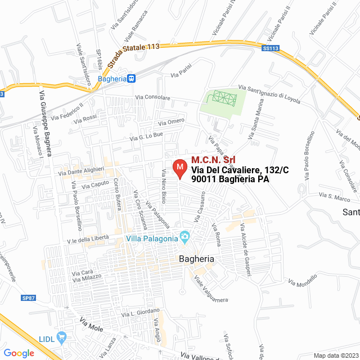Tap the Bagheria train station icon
pyautogui.click(x=131, y=79)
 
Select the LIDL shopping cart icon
pyautogui.click(x=62, y=337)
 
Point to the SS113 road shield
pyautogui.click(x=271, y=49)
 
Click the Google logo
pyautogui.click(x=19, y=353)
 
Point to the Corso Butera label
pyautogui.click(x=118, y=195)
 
